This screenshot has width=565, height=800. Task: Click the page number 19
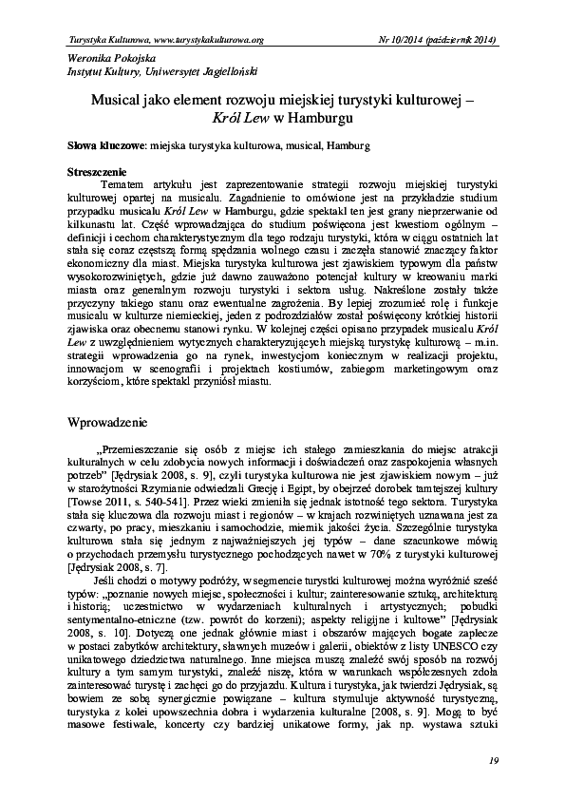point(493,760)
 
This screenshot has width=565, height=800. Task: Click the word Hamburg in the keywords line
point(348,147)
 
